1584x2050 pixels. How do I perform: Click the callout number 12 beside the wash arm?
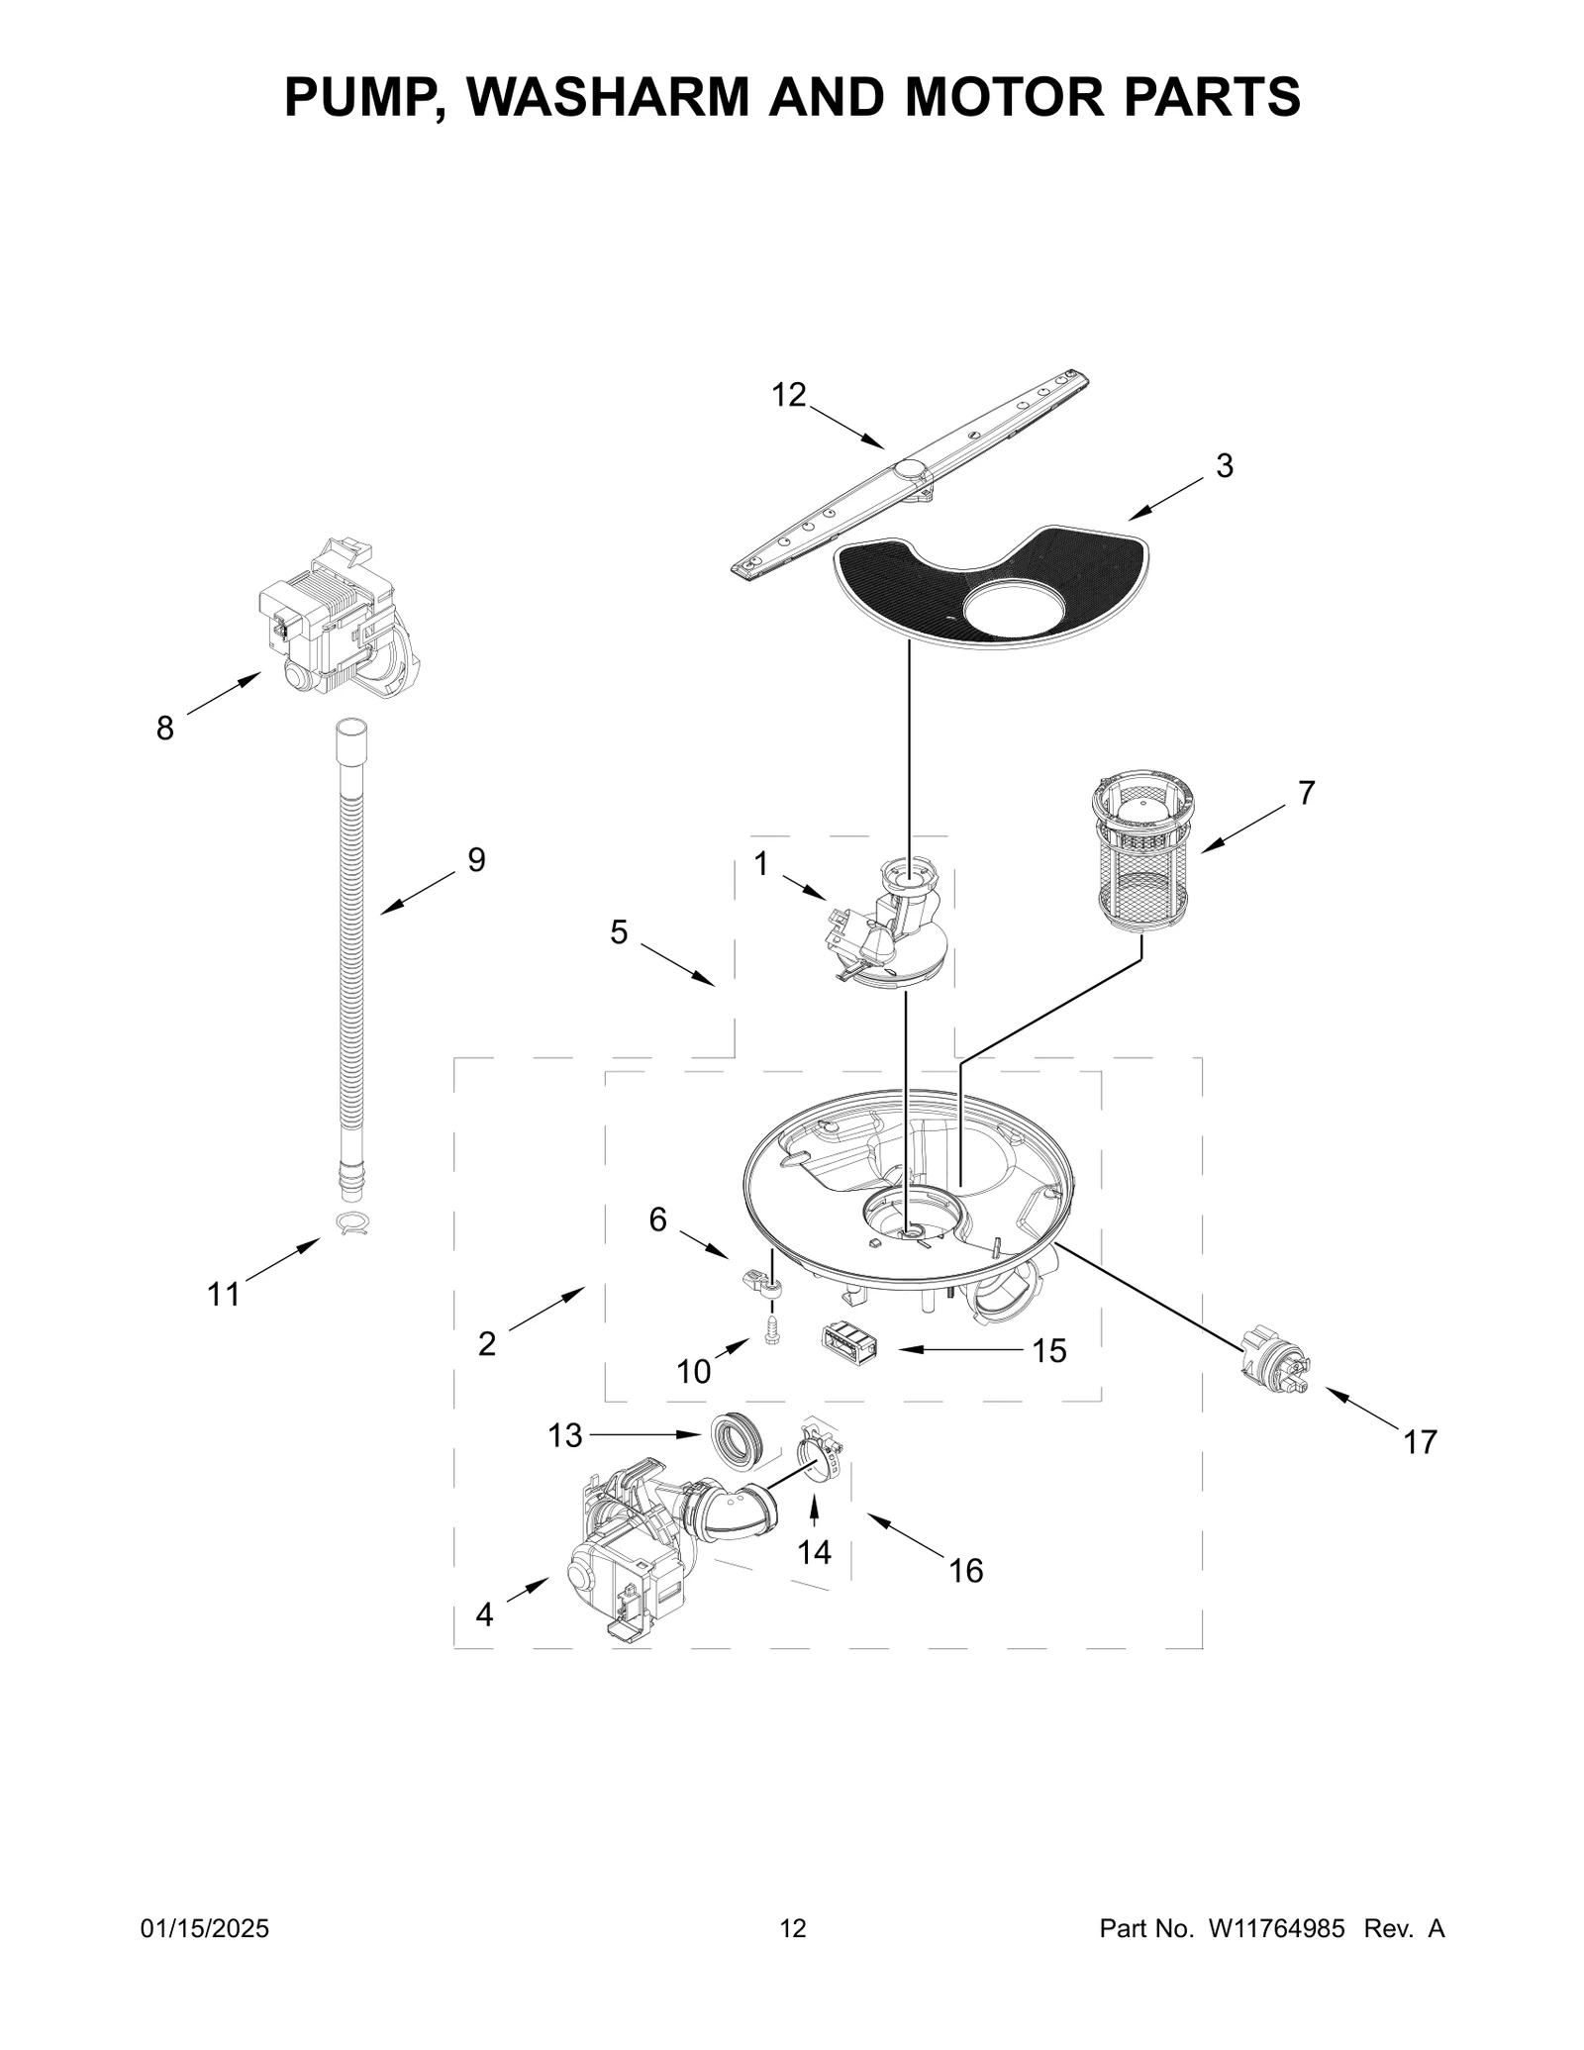click(x=789, y=395)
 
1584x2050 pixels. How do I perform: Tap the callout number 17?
click(x=1420, y=1442)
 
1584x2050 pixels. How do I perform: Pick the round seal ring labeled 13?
click(x=735, y=1440)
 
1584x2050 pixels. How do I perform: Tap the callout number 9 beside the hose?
click(x=476, y=860)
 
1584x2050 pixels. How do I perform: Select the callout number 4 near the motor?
click(x=483, y=1614)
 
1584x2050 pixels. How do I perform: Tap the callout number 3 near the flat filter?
click(x=1225, y=465)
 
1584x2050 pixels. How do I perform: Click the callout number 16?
click(x=966, y=1570)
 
